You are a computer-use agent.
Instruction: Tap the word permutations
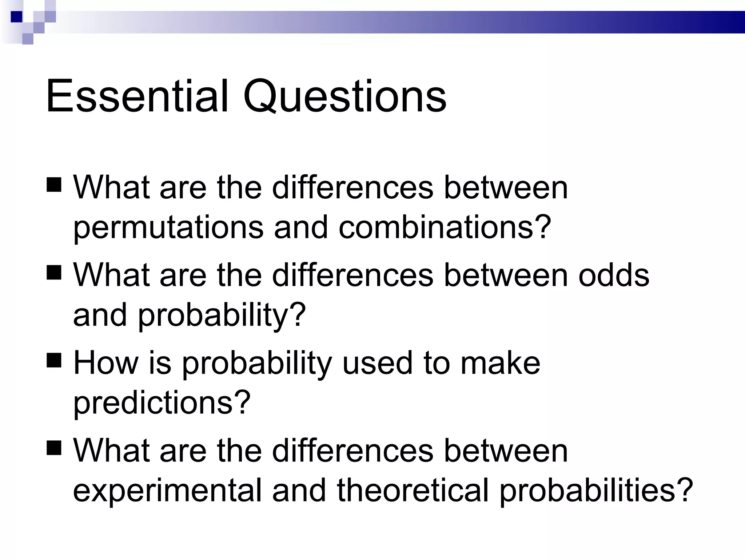[x=168, y=228]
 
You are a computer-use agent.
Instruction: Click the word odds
[x=614, y=275]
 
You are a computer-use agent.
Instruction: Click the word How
[x=106, y=363]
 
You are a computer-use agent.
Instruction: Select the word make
[x=500, y=363]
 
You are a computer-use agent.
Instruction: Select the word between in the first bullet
[x=506, y=188]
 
